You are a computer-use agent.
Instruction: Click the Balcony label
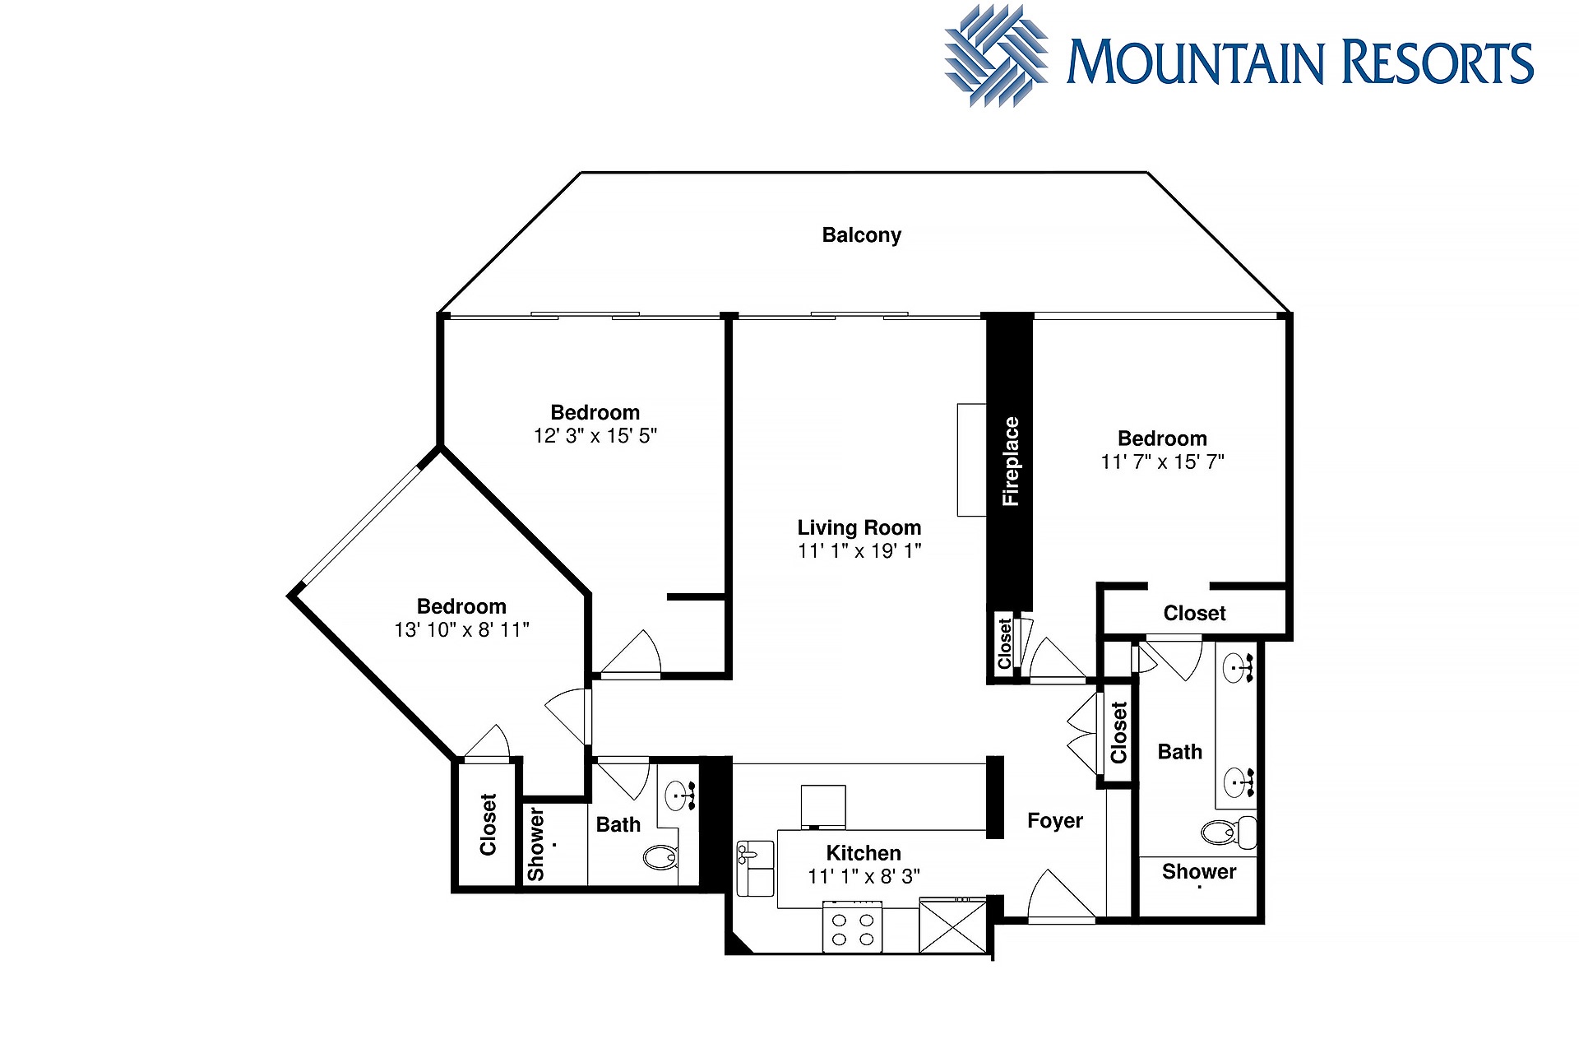861,235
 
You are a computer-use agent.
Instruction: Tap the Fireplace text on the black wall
1010,462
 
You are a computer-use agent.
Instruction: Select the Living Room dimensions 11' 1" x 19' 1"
859,551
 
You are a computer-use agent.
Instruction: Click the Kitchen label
864,853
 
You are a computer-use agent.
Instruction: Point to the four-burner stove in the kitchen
852,927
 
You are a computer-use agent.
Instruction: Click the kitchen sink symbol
755,868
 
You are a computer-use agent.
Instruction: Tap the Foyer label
1055,821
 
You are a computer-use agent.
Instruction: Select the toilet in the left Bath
660,858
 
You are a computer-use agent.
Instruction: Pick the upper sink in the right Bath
1239,667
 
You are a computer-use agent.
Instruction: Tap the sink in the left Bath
681,796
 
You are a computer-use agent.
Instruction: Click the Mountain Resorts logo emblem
996,56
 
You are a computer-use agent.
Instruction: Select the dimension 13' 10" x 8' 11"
461,630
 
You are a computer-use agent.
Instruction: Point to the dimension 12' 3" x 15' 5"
595,436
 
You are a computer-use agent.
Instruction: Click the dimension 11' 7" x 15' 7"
1162,462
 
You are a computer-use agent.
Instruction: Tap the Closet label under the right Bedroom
1194,614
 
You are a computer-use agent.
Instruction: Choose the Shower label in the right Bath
1199,872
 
